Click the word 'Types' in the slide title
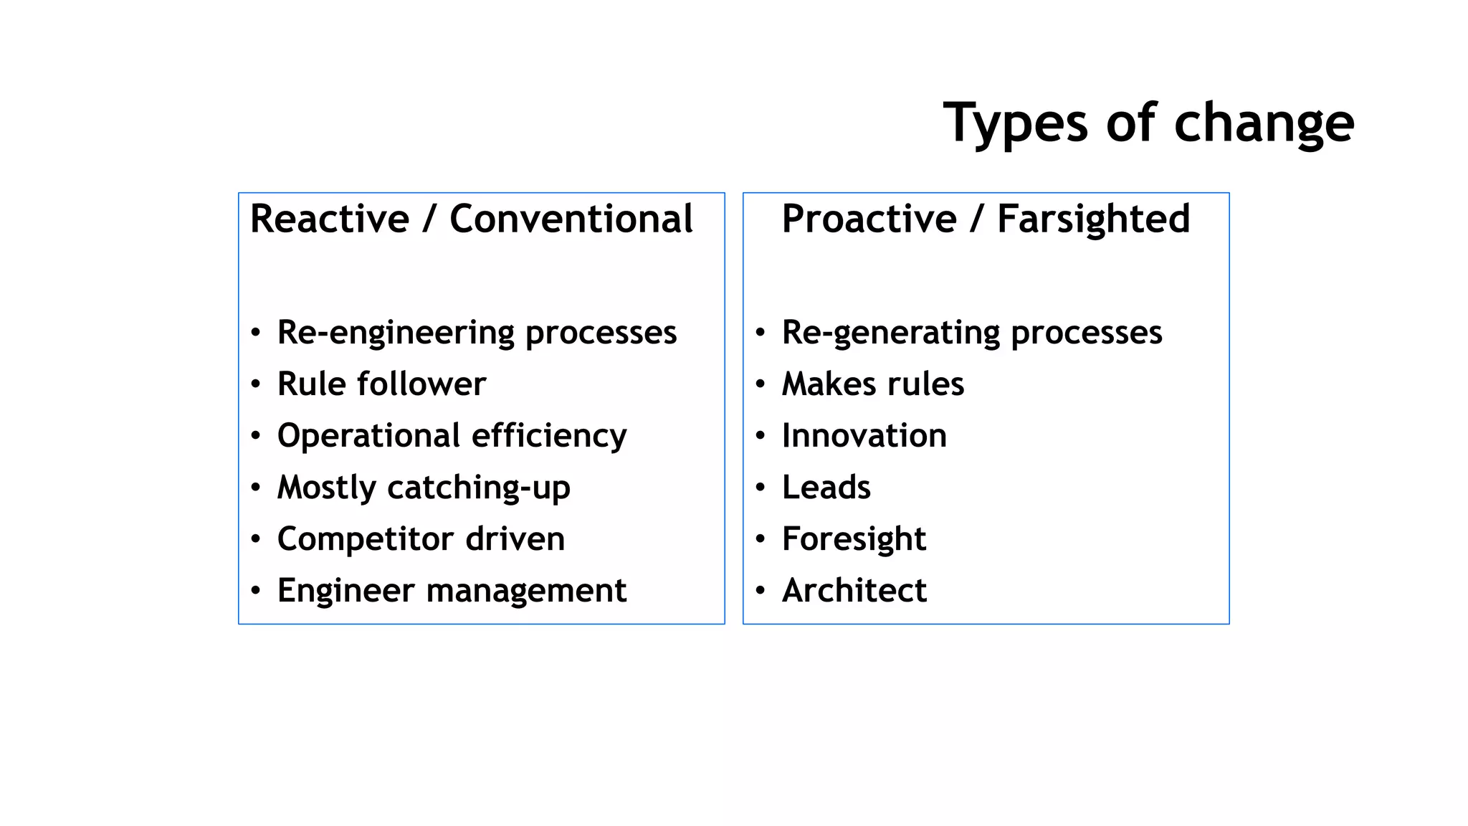pyautogui.click(x=1016, y=123)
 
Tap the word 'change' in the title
pyautogui.click(x=1264, y=123)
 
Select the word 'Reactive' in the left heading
pyautogui.click(x=330, y=219)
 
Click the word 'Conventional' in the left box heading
pyautogui.click(x=571, y=219)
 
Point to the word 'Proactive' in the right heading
pyautogui.click(x=869, y=219)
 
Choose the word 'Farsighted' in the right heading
pyautogui.click(x=1093, y=219)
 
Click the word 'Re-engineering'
pyautogui.click(x=396, y=333)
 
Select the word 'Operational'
pyautogui.click(x=368, y=435)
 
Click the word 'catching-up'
pyautogui.click(x=478, y=488)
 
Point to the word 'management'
pyautogui.click(x=526, y=591)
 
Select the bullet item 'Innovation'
pyautogui.click(x=864, y=435)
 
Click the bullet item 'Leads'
pyautogui.click(x=826, y=488)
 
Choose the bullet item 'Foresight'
pyautogui.click(x=854, y=538)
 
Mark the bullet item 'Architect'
pyautogui.click(x=854, y=590)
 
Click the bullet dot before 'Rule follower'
pyautogui.click(x=256, y=384)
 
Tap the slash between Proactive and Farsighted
pyautogui.click(x=976, y=219)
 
